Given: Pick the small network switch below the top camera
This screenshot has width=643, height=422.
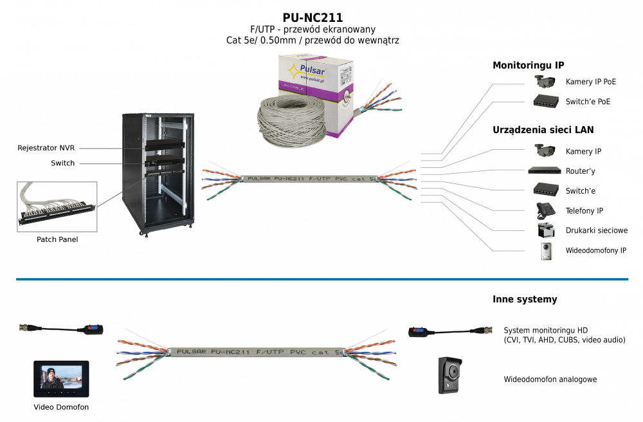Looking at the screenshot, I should pyautogui.click(x=546, y=100).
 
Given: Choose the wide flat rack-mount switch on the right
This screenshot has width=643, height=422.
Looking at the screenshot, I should pyautogui.click(x=545, y=170).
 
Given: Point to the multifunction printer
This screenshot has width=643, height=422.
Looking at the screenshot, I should pyautogui.click(x=545, y=230).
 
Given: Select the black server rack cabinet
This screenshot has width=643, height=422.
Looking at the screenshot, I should pyautogui.click(x=158, y=173).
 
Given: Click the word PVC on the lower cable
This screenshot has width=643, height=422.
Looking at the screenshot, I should pyautogui.click(x=297, y=353).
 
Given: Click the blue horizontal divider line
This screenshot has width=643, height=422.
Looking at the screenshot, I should pyautogui.click(x=321, y=279).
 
